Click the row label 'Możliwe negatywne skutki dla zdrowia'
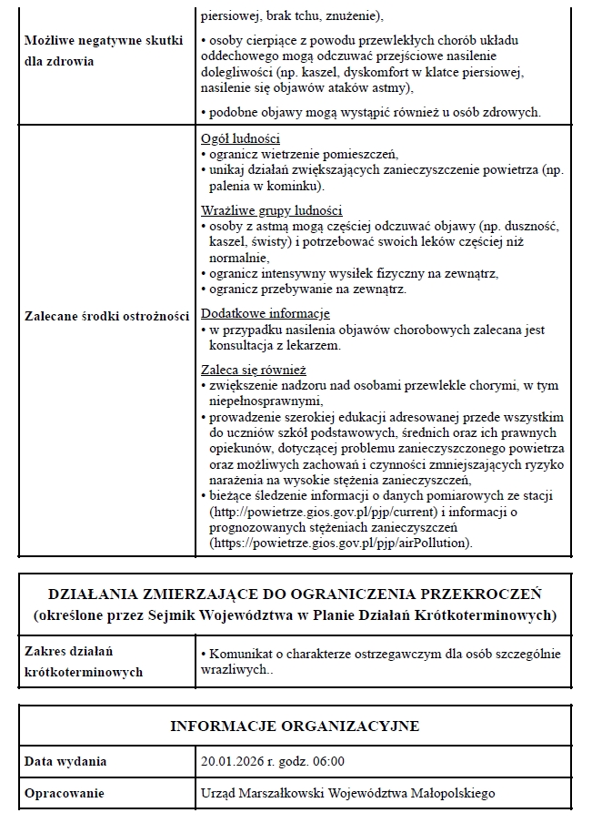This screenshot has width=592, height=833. click(103, 51)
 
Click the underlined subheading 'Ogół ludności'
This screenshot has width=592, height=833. click(239, 139)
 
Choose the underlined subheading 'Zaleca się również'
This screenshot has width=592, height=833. click(253, 370)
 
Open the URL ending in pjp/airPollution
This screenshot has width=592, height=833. click(340, 543)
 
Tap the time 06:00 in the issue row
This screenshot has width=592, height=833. click(328, 761)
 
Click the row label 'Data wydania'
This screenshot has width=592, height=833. click(65, 761)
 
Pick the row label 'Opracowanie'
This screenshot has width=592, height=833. click(65, 793)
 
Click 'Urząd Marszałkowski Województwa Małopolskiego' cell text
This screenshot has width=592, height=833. click(347, 793)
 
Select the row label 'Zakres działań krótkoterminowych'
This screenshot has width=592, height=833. click(81, 662)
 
